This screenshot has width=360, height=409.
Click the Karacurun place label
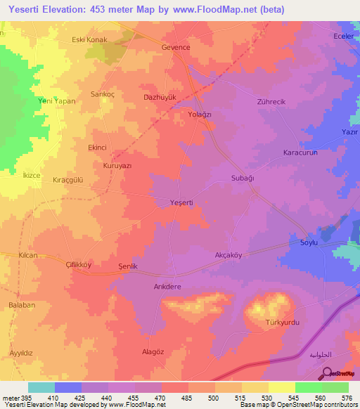point(301,152)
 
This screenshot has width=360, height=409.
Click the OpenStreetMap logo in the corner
point(341,373)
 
